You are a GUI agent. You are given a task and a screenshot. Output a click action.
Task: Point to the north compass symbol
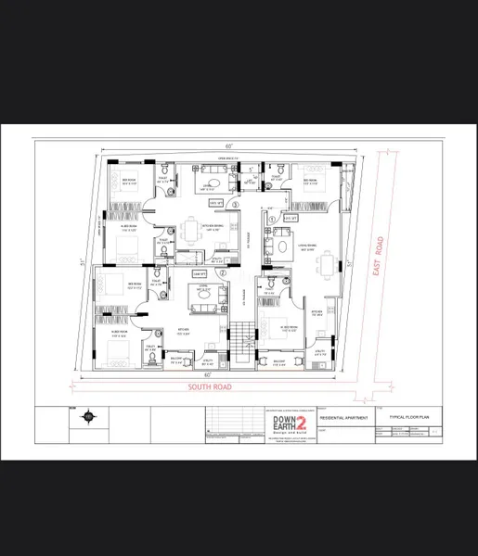[x=87, y=417]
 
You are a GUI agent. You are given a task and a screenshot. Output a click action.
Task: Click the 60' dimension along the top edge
[x=227, y=146]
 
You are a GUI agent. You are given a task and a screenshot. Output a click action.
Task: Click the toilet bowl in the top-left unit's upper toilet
[x=165, y=167]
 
